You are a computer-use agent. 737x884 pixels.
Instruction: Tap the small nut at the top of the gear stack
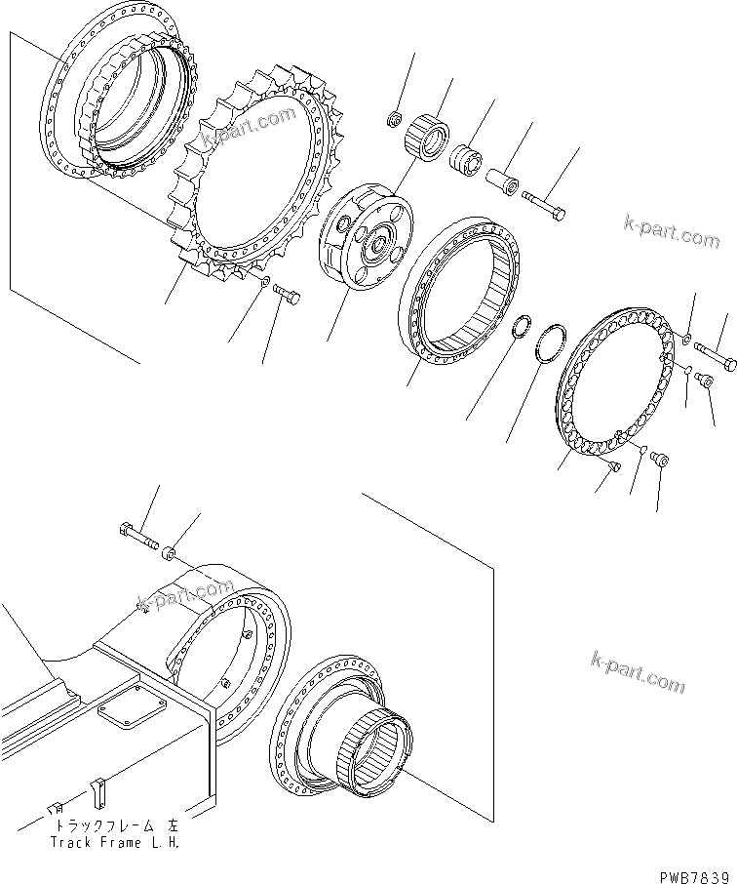click(x=395, y=120)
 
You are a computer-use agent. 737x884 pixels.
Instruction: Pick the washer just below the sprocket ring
click(x=266, y=282)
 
